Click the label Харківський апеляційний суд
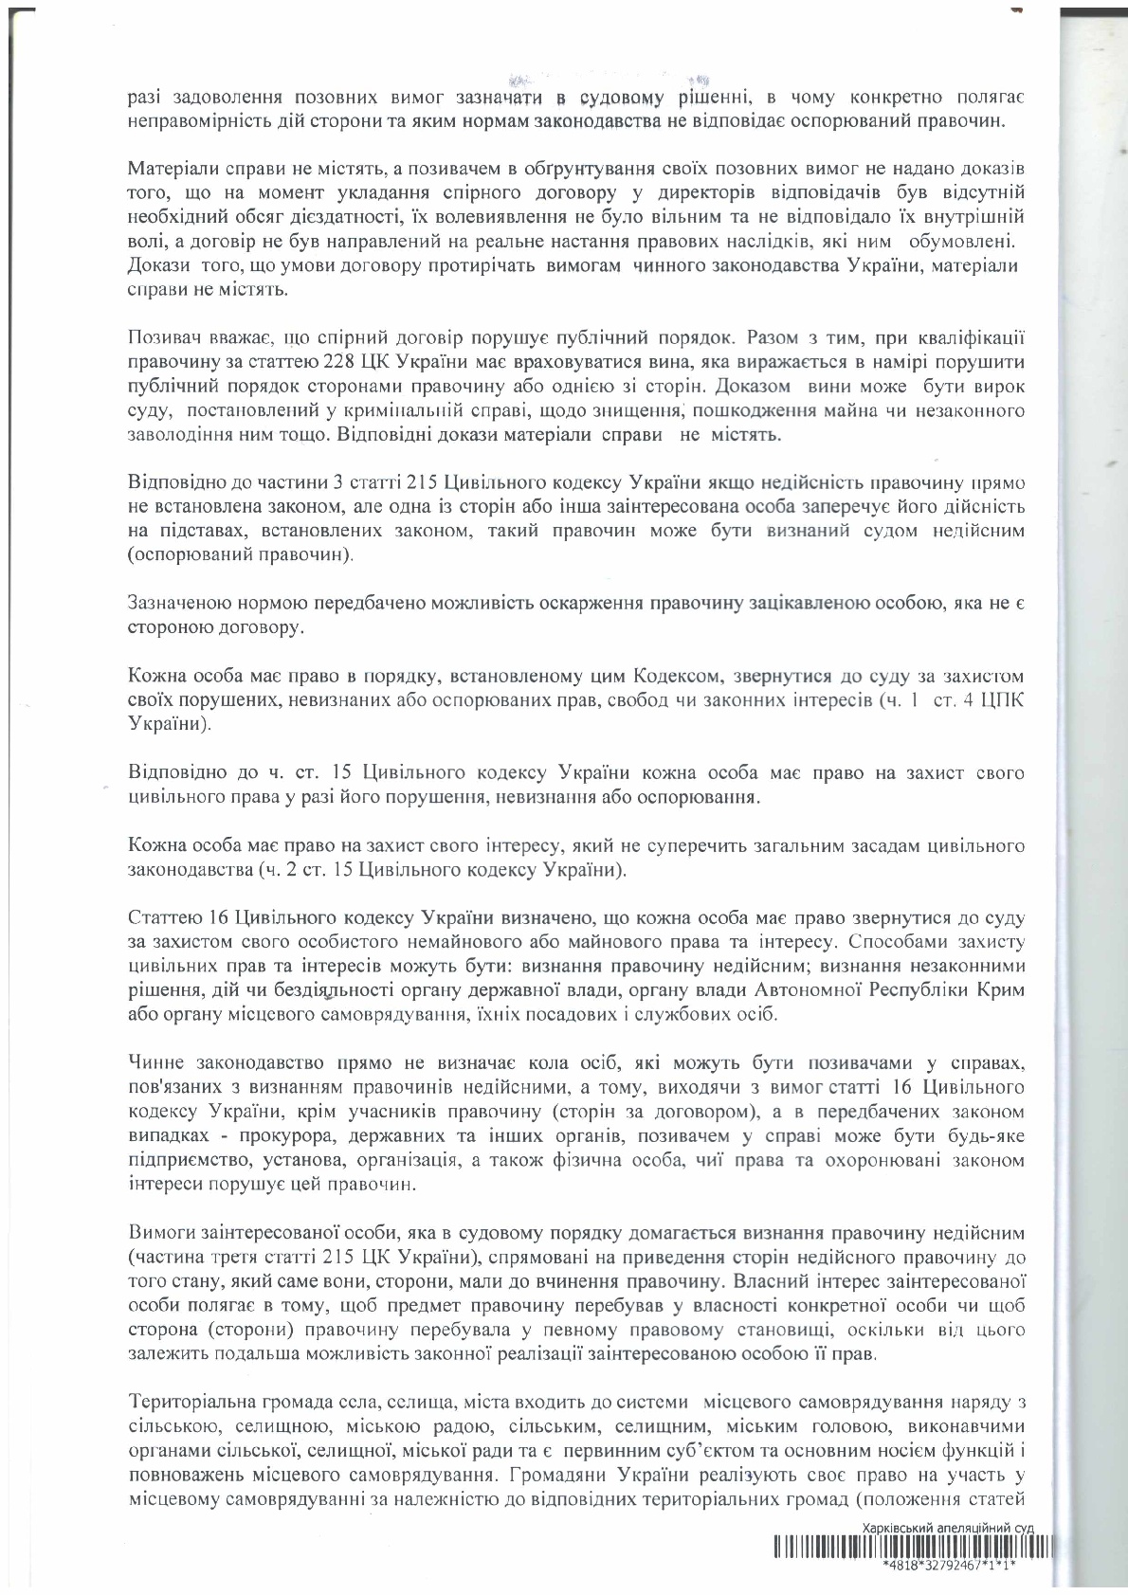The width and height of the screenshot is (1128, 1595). [947, 1529]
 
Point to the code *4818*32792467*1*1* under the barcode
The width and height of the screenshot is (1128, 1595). [947, 1566]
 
